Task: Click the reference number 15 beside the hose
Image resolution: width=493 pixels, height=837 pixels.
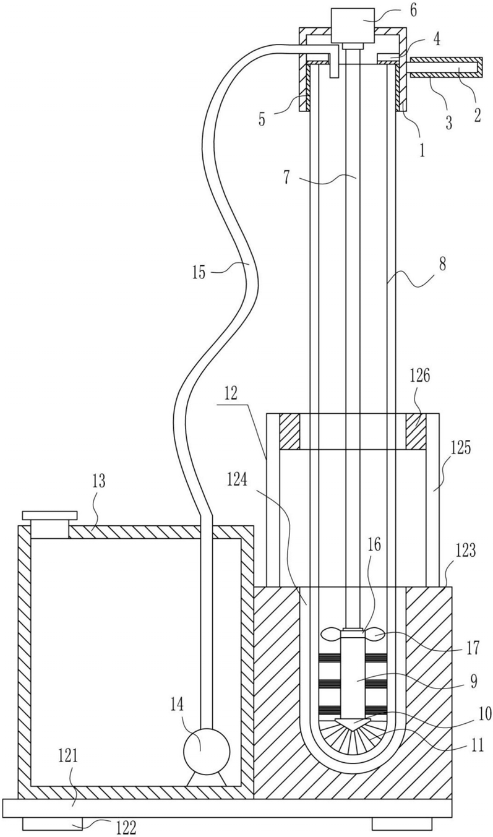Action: (199, 272)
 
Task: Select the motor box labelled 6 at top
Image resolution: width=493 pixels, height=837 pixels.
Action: (353, 25)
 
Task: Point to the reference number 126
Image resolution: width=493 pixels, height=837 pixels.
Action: (420, 376)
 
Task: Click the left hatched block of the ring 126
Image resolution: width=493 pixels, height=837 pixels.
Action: (289, 431)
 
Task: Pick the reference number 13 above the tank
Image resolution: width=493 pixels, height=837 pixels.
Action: (98, 481)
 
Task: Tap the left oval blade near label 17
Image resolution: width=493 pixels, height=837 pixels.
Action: (331, 634)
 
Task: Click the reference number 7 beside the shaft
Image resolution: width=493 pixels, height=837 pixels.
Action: (286, 178)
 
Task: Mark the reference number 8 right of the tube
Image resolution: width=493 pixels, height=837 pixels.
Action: (443, 265)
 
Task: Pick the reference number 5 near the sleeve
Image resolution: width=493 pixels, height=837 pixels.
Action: (262, 119)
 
